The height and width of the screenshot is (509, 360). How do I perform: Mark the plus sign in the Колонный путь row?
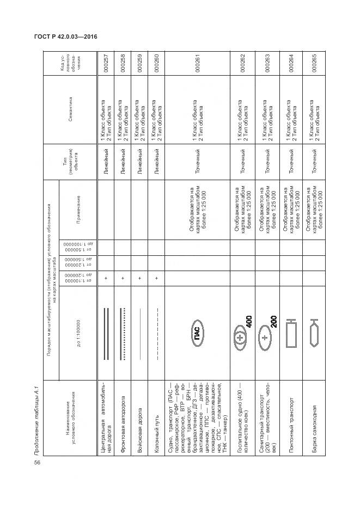click(156, 278)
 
